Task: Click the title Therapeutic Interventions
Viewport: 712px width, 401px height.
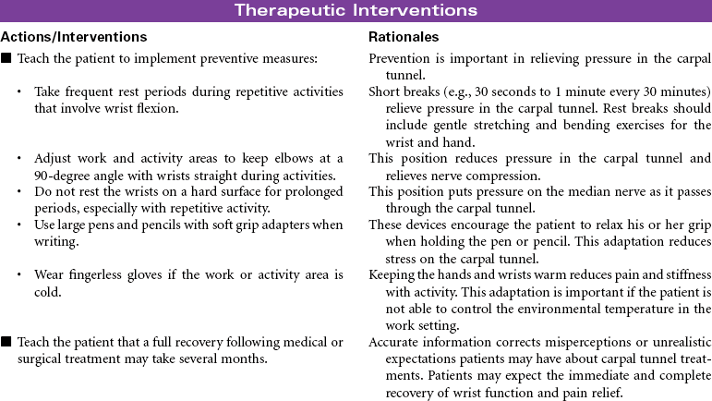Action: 356,11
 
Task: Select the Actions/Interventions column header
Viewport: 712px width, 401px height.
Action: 74,37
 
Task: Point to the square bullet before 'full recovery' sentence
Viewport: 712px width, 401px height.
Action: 6,342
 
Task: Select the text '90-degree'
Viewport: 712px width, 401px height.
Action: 61,176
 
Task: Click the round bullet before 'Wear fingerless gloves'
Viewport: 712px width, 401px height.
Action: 20,275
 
